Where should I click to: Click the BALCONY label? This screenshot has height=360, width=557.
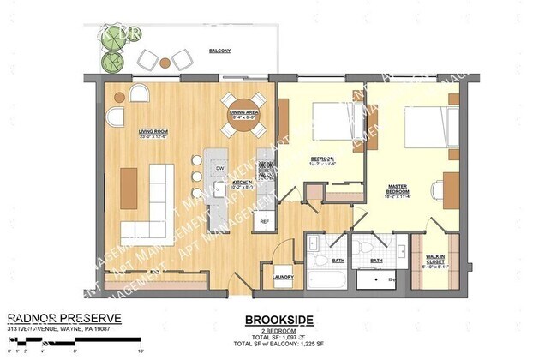(x=220, y=51)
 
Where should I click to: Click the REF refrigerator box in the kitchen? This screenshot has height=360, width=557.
(x=264, y=220)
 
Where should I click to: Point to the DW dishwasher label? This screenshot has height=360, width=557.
(x=220, y=168)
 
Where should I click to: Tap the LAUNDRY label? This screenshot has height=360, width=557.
(x=284, y=277)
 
